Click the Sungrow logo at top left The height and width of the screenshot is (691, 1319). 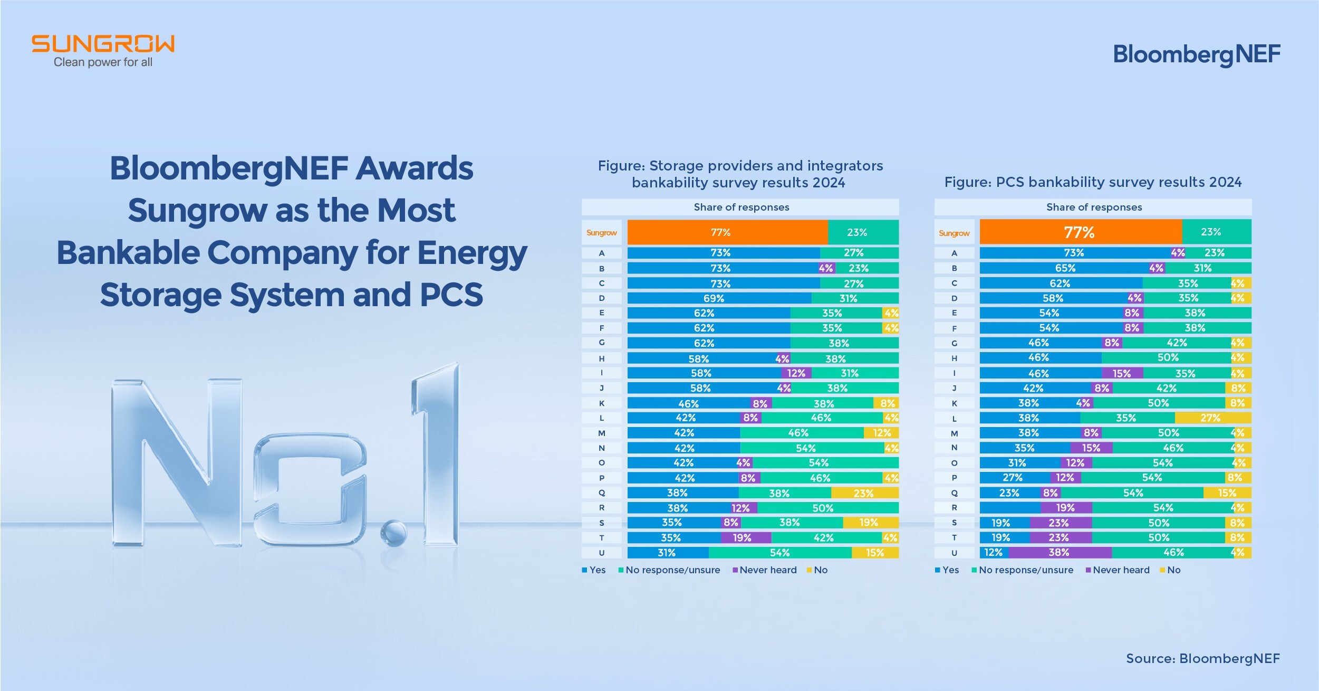(103, 51)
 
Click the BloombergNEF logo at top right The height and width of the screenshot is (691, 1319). (1196, 54)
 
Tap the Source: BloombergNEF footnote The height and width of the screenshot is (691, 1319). (1202, 658)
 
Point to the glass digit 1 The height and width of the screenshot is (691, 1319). (438, 454)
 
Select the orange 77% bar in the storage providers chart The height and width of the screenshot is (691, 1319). (727, 232)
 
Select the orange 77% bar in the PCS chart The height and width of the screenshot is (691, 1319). (1080, 232)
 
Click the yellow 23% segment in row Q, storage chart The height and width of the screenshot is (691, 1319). (864, 493)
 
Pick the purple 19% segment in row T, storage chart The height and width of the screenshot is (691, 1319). (746, 538)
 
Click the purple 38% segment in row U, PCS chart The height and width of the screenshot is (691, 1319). (1060, 553)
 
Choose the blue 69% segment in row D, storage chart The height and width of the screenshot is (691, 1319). (718, 298)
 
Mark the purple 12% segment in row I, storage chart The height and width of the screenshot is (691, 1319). (796, 373)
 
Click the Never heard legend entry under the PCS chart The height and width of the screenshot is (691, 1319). (1120, 570)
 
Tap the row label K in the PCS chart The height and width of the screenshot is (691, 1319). (954, 403)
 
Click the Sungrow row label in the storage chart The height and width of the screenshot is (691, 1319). (601, 233)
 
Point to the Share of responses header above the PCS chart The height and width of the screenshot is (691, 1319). (1094, 207)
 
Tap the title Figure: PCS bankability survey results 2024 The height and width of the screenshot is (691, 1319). (1093, 182)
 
